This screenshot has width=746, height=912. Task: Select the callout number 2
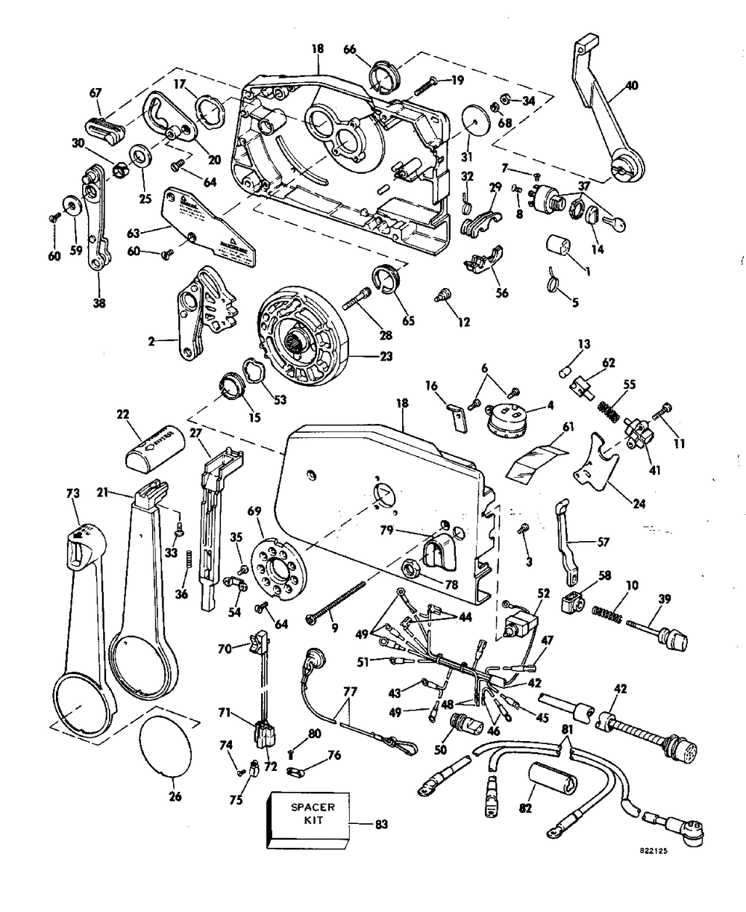pyautogui.click(x=152, y=341)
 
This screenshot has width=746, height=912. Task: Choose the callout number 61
pyautogui.click(x=568, y=428)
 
